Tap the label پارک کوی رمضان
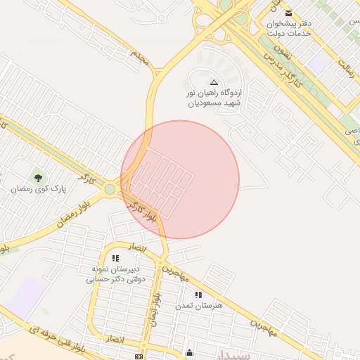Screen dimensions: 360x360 (38, 189)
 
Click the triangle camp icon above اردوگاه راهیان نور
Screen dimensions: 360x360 (214, 82)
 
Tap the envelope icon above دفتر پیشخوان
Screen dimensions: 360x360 (288, 12)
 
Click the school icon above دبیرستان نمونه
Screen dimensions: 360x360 (116, 258)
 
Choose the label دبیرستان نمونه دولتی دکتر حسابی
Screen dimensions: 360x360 (115, 274)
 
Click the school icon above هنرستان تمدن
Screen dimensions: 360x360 (199, 294)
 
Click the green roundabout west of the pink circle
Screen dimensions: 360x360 (110, 188)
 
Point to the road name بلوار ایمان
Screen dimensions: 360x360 (155, 310)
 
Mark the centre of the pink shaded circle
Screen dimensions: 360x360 (180, 179)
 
